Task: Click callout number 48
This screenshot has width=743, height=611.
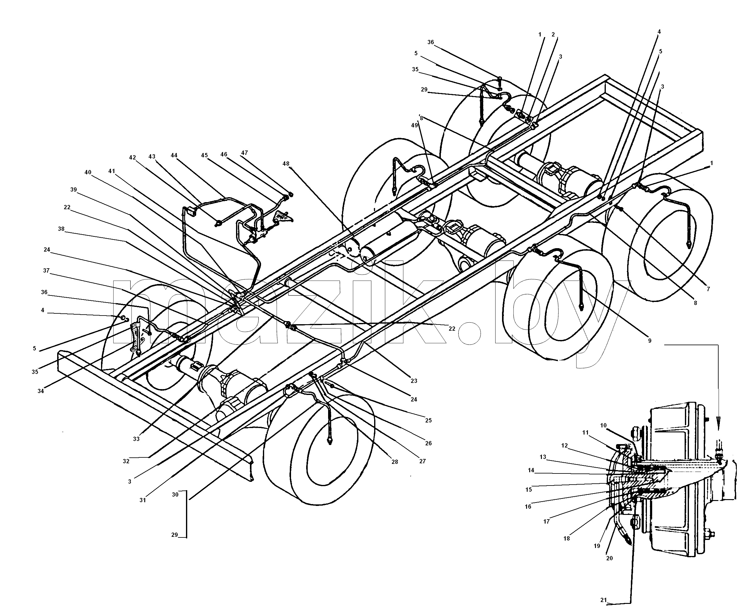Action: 286,164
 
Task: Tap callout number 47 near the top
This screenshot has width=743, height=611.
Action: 244,153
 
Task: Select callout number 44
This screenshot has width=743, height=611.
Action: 174,155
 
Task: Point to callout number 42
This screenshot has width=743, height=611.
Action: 132,158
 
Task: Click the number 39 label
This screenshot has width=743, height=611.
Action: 73,190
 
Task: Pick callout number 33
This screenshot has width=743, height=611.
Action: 136,439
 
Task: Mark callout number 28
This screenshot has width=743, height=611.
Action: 395,462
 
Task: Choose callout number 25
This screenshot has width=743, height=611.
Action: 428,420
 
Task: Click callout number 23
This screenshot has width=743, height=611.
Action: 414,381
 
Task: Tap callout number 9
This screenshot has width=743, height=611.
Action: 650,341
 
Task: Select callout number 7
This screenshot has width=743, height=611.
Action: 708,289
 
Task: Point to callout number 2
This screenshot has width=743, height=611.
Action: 553,35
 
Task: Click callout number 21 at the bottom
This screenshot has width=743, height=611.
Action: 604,600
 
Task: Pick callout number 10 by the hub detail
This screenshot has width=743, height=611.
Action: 603,426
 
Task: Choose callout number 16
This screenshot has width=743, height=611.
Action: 528,507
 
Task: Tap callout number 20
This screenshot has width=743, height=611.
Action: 609,558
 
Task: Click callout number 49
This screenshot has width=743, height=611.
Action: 414,125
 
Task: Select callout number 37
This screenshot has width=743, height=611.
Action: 46,271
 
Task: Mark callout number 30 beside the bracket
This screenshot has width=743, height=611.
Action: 175,494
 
